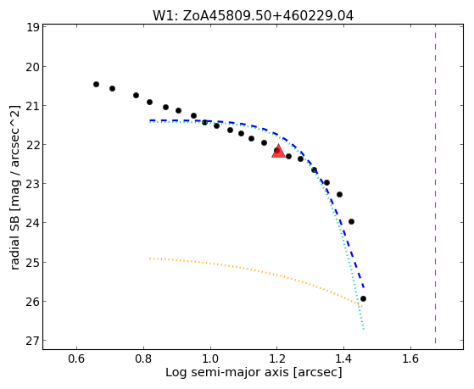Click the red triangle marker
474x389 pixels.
pyautogui.click(x=278, y=152)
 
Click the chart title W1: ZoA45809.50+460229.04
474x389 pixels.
pyautogui.click(x=253, y=16)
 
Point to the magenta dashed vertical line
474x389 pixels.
pyautogui.click(x=435, y=184)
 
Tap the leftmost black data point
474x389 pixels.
pyautogui.click(x=96, y=85)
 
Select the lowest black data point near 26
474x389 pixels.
pyautogui.click(x=364, y=298)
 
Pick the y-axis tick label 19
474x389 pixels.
pyautogui.click(x=32, y=27)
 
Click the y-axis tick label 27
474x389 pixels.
pyautogui.click(x=32, y=341)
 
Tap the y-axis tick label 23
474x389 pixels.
pyautogui.click(x=32, y=184)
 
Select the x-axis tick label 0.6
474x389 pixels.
pyautogui.click(x=76, y=359)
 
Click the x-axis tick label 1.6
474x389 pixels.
pyautogui.click(x=410, y=359)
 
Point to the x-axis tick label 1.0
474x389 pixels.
pyautogui.click(x=210, y=359)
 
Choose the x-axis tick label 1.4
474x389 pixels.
pyautogui.click(x=343, y=359)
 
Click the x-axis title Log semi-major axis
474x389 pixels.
pyautogui.click(x=226, y=372)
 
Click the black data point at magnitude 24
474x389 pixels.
pyautogui.click(x=351, y=222)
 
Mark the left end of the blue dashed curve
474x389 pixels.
pyautogui.click(x=150, y=120)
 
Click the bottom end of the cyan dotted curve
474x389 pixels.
pyautogui.click(x=364, y=329)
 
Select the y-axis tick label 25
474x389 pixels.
pyautogui.click(x=32, y=262)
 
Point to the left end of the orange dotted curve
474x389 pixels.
pyautogui.click(x=150, y=258)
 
